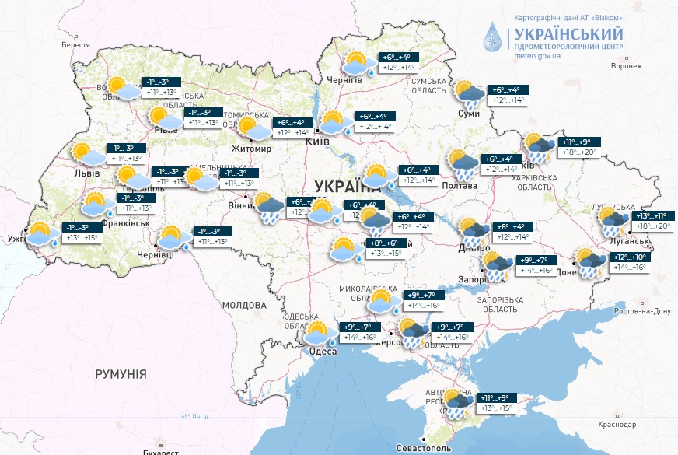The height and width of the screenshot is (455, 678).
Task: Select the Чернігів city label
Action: click(x=344, y=79)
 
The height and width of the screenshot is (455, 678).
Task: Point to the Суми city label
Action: click(x=469, y=114)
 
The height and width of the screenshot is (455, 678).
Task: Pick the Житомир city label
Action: click(x=251, y=148)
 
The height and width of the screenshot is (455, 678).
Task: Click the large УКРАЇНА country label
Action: click(x=348, y=187)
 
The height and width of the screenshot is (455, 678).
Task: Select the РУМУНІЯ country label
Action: click(x=121, y=374)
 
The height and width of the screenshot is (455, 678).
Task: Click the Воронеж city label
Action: click(x=627, y=66)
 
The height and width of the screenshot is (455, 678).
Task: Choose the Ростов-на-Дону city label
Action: click(x=641, y=311)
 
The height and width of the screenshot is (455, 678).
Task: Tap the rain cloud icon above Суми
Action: click(x=470, y=93)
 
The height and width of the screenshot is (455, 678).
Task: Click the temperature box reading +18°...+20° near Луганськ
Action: click(x=654, y=227)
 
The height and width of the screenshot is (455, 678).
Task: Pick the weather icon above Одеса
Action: click(x=319, y=333)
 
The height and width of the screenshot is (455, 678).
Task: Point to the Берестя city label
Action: click(x=76, y=45)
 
